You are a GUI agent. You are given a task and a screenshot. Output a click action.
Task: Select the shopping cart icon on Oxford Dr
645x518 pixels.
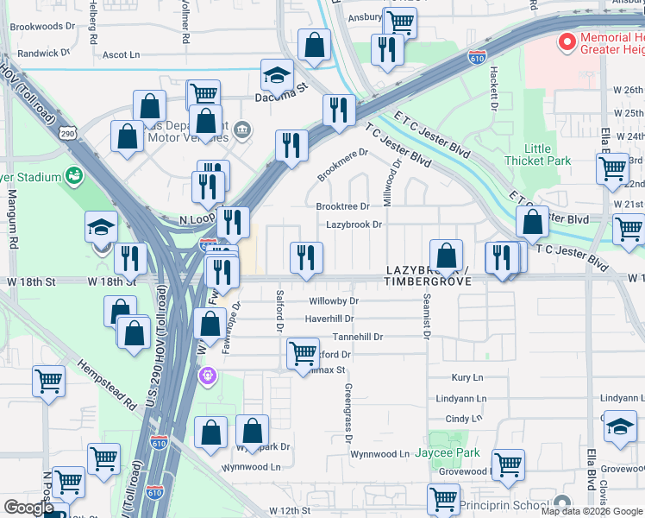coord(303,353)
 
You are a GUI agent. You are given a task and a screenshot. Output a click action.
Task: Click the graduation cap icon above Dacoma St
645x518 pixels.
coord(278,75)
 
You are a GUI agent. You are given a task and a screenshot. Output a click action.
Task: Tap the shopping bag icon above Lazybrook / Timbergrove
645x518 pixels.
coord(447,255)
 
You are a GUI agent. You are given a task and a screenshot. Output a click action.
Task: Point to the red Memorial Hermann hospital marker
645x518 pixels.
coord(567,41)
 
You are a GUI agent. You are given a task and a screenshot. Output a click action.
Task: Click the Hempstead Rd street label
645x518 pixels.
coord(108,385)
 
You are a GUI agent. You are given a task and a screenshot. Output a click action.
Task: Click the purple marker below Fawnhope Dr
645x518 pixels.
coord(207,376)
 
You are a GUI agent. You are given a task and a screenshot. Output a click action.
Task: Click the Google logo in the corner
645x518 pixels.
coord(29,507)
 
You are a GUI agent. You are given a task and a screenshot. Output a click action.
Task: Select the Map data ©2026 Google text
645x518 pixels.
coord(591,511)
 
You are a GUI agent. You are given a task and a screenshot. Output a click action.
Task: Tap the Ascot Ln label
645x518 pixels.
coord(121,54)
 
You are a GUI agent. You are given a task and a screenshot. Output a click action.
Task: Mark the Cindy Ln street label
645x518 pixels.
coord(464,419)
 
